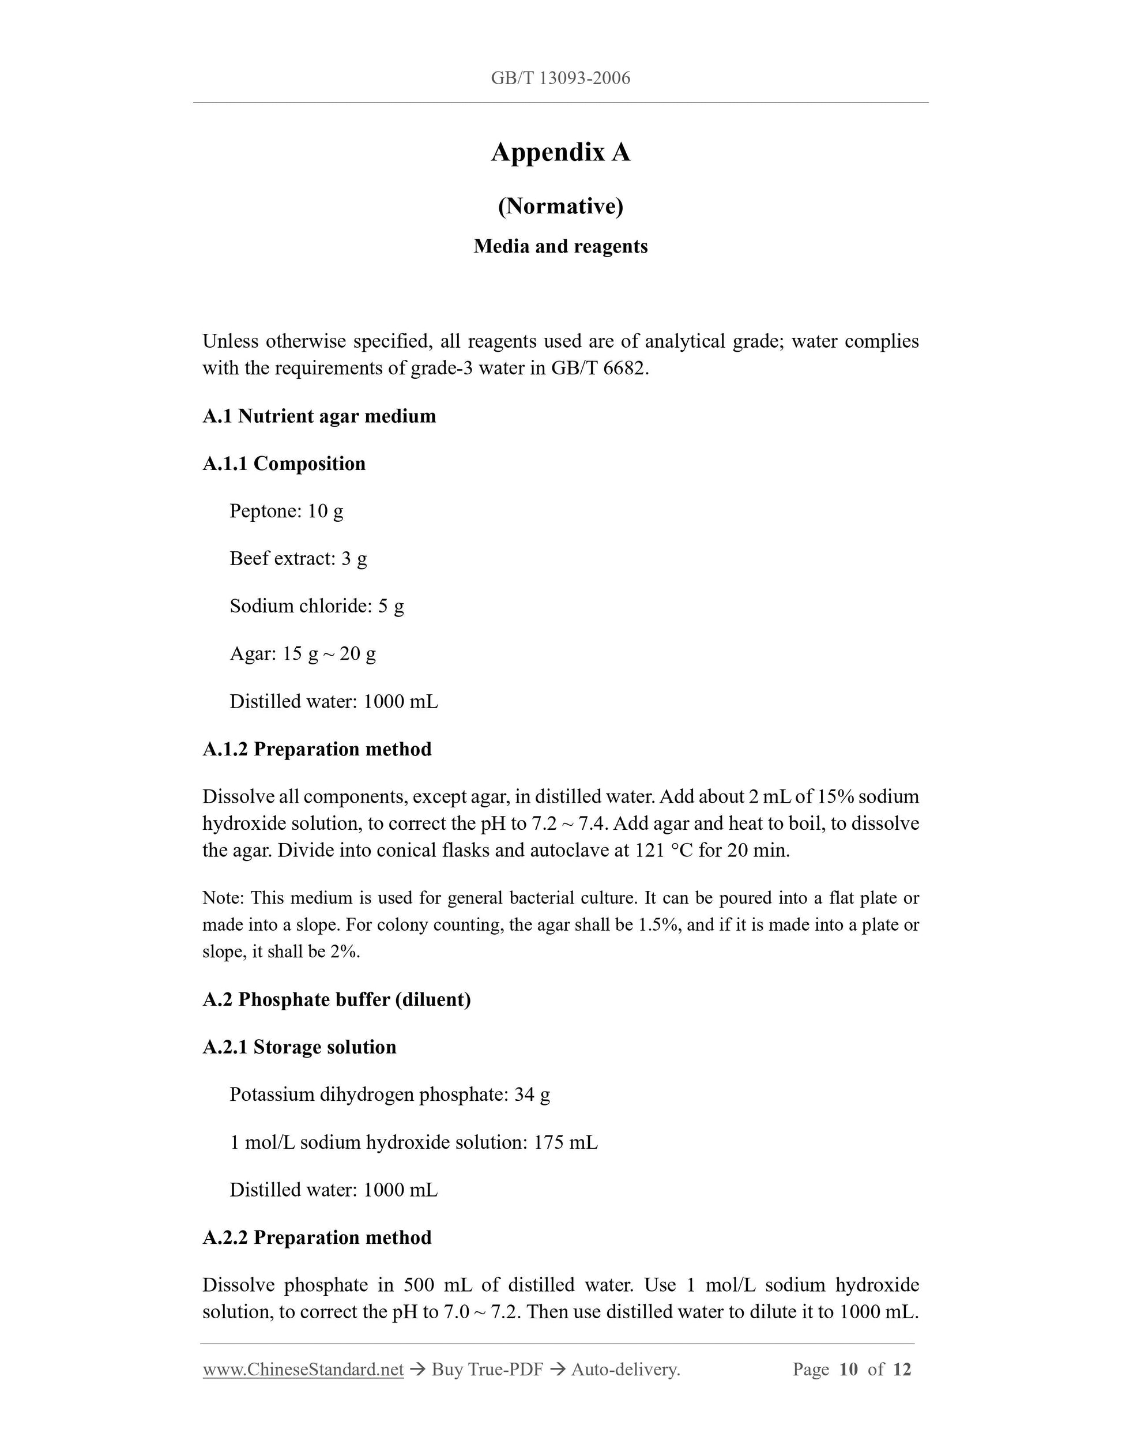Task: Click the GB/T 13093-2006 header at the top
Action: pyautogui.click(x=560, y=78)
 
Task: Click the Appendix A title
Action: pyautogui.click(x=560, y=152)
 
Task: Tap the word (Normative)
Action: pyautogui.click(x=560, y=206)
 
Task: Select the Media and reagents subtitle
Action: pyautogui.click(x=560, y=247)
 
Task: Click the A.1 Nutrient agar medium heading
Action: pyautogui.click(x=319, y=416)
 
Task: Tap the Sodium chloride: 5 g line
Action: pyautogui.click(x=317, y=605)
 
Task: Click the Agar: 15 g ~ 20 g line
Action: pyautogui.click(x=303, y=653)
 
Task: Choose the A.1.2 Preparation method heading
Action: pyautogui.click(x=317, y=749)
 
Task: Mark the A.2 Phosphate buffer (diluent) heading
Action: pyautogui.click(x=336, y=999)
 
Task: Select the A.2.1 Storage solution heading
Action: pyautogui.click(x=299, y=1047)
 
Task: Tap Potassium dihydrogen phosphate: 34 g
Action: pyautogui.click(x=390, y=1094)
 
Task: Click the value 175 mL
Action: pyautogui.click(x=565, y=1142)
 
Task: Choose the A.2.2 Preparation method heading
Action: pyautogui.click(x=317, y=1237)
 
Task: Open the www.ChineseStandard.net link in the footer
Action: pyautogui.click(x=303, y=1370)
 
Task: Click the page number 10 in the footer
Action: pyautogui.click(x=848, y=1370)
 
